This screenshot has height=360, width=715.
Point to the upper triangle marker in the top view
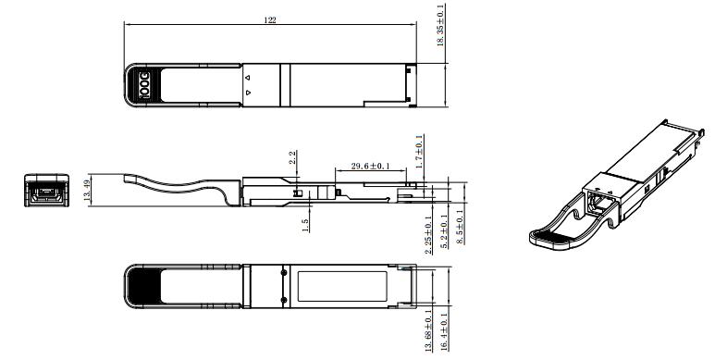[247, 77]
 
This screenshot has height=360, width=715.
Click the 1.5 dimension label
[305, 224]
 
